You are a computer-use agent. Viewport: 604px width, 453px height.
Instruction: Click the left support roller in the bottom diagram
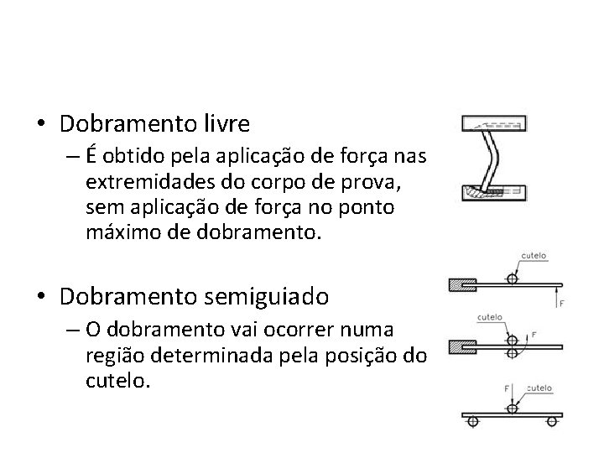(x=472, y=422)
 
